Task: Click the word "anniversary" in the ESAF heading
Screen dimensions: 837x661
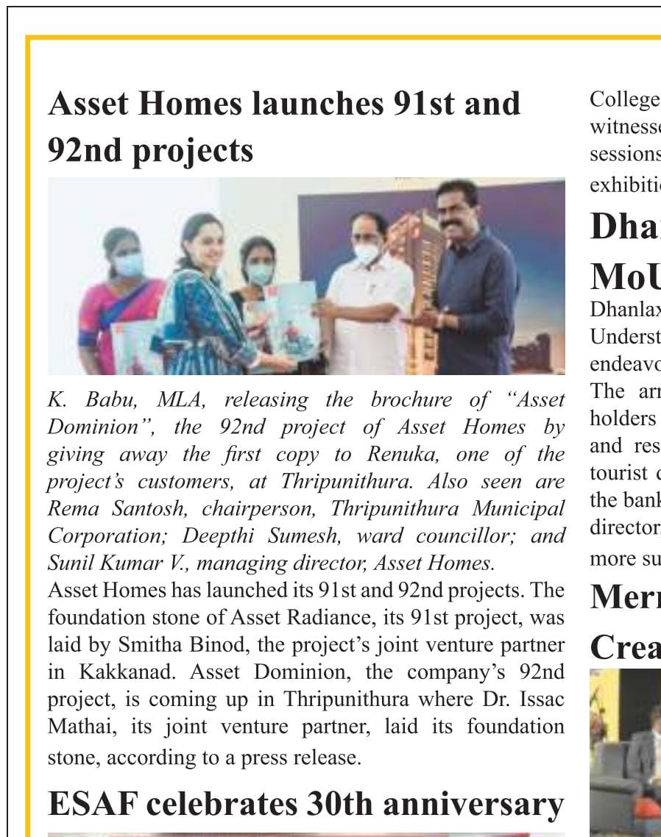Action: point(473,805)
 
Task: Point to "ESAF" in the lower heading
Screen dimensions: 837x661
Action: point(91,805)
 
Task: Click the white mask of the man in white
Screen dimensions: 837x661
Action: point(366,253)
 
